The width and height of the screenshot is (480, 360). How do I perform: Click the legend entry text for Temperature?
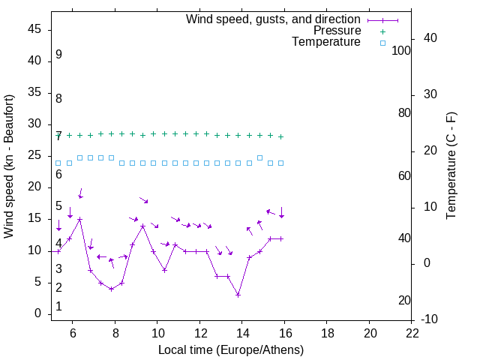pyautogui.click(x=326, y=42)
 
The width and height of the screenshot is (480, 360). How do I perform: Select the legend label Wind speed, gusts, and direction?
pyautogui.click(x=274, y=19)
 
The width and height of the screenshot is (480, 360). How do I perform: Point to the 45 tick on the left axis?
pyautogui.click(x=35, y=29)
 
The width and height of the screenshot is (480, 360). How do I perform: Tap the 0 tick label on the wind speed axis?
pyautogui.click(x=38, y=313)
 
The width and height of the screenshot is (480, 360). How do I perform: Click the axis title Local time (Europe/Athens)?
pyautogui.click(x=231, y=349)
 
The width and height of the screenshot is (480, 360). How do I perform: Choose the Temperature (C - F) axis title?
pyautogui.click(x=451, y=166)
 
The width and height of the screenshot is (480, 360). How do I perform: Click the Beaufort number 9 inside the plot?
pyautogui.click(x=58, y=55)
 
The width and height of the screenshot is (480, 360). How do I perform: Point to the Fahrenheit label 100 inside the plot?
pyautogui.click(x=401, y=51)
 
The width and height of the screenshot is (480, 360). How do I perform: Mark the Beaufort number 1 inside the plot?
pyautogui.click(x=58, y=307)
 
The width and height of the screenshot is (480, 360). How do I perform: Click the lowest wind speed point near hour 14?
pyautogui.click(x=238, y=295)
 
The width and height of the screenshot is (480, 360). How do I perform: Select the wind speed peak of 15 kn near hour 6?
pyautogui.click(x=79, y=219)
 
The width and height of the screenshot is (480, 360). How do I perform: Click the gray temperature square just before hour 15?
pyautogui.click(x=259, y=157)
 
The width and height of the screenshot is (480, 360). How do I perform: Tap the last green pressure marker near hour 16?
pyautogui.click(x=280, y=136)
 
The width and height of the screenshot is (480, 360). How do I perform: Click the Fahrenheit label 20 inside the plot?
pyautogui.click(x=404, y=301)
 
